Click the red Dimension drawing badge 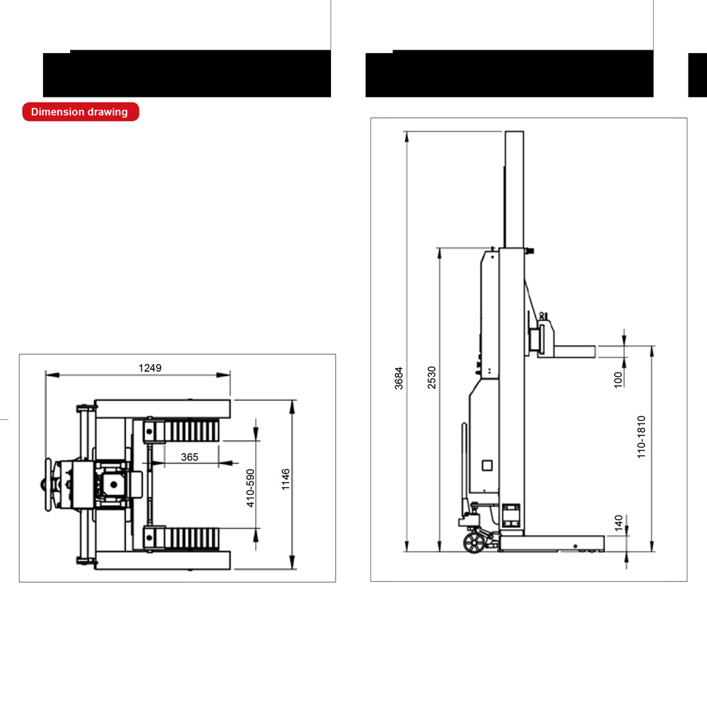coord(81,112)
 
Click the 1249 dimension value coord(150,368)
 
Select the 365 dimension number coord(189,457)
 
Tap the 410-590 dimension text coord(250,488)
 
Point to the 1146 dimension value coord(286,479)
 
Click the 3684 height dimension coord(399,378)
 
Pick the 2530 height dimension coord(431,378)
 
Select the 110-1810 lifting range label coord(641,437)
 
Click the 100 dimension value coord(618,380)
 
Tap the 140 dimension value coord(619,522)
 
